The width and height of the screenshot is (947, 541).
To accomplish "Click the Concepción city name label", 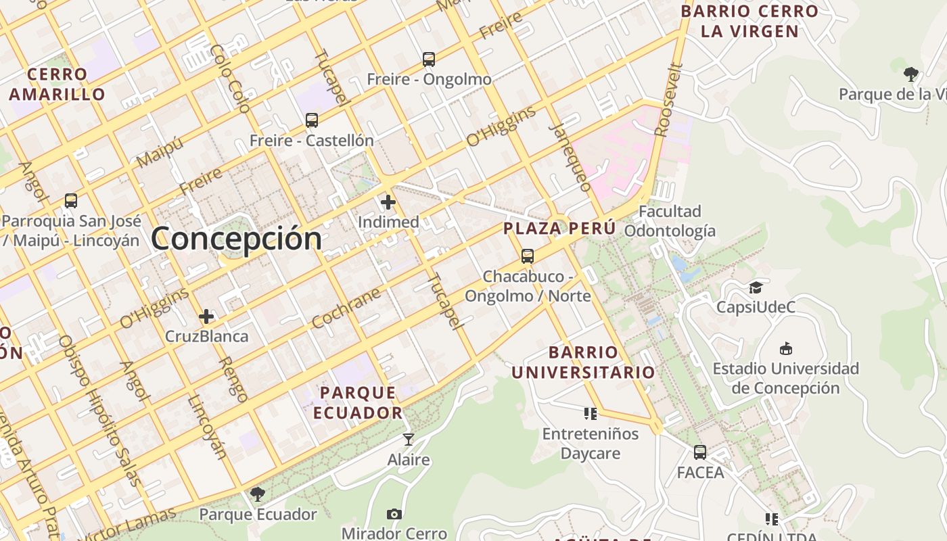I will click(236, 239).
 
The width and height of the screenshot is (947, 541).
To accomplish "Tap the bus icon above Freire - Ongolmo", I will click(429, 60).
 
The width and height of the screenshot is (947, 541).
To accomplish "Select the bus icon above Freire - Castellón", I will click(312, 120).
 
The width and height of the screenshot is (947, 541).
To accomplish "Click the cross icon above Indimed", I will click(388, 202).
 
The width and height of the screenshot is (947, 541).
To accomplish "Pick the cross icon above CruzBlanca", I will click(206, 316).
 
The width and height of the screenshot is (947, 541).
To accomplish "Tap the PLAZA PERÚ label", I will click(559, 229).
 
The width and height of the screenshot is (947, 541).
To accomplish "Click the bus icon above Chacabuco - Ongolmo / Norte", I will click(528, 256).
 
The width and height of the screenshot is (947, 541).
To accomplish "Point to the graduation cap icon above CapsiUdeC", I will click(756, 287).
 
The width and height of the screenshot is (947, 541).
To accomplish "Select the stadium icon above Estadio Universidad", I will click(785, 349).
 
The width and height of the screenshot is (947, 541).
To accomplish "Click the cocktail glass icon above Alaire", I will click(409, 440).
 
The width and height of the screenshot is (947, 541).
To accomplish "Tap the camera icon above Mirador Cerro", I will click(394, 514).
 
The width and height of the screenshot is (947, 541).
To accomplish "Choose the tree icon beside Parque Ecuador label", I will click(257, 494).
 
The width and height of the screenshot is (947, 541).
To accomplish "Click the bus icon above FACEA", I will click(700, 452).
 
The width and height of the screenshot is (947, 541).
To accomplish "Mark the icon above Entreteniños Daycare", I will click(591, 413).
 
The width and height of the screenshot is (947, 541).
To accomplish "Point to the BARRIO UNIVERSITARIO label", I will click(583, 362).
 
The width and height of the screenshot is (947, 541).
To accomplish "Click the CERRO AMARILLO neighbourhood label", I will click(57, 84).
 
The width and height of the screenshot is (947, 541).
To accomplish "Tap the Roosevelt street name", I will click(670, 99).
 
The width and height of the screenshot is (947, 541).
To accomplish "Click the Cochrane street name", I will click(347, 308).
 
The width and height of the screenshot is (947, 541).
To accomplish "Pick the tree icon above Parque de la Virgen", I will click(911, 74).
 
